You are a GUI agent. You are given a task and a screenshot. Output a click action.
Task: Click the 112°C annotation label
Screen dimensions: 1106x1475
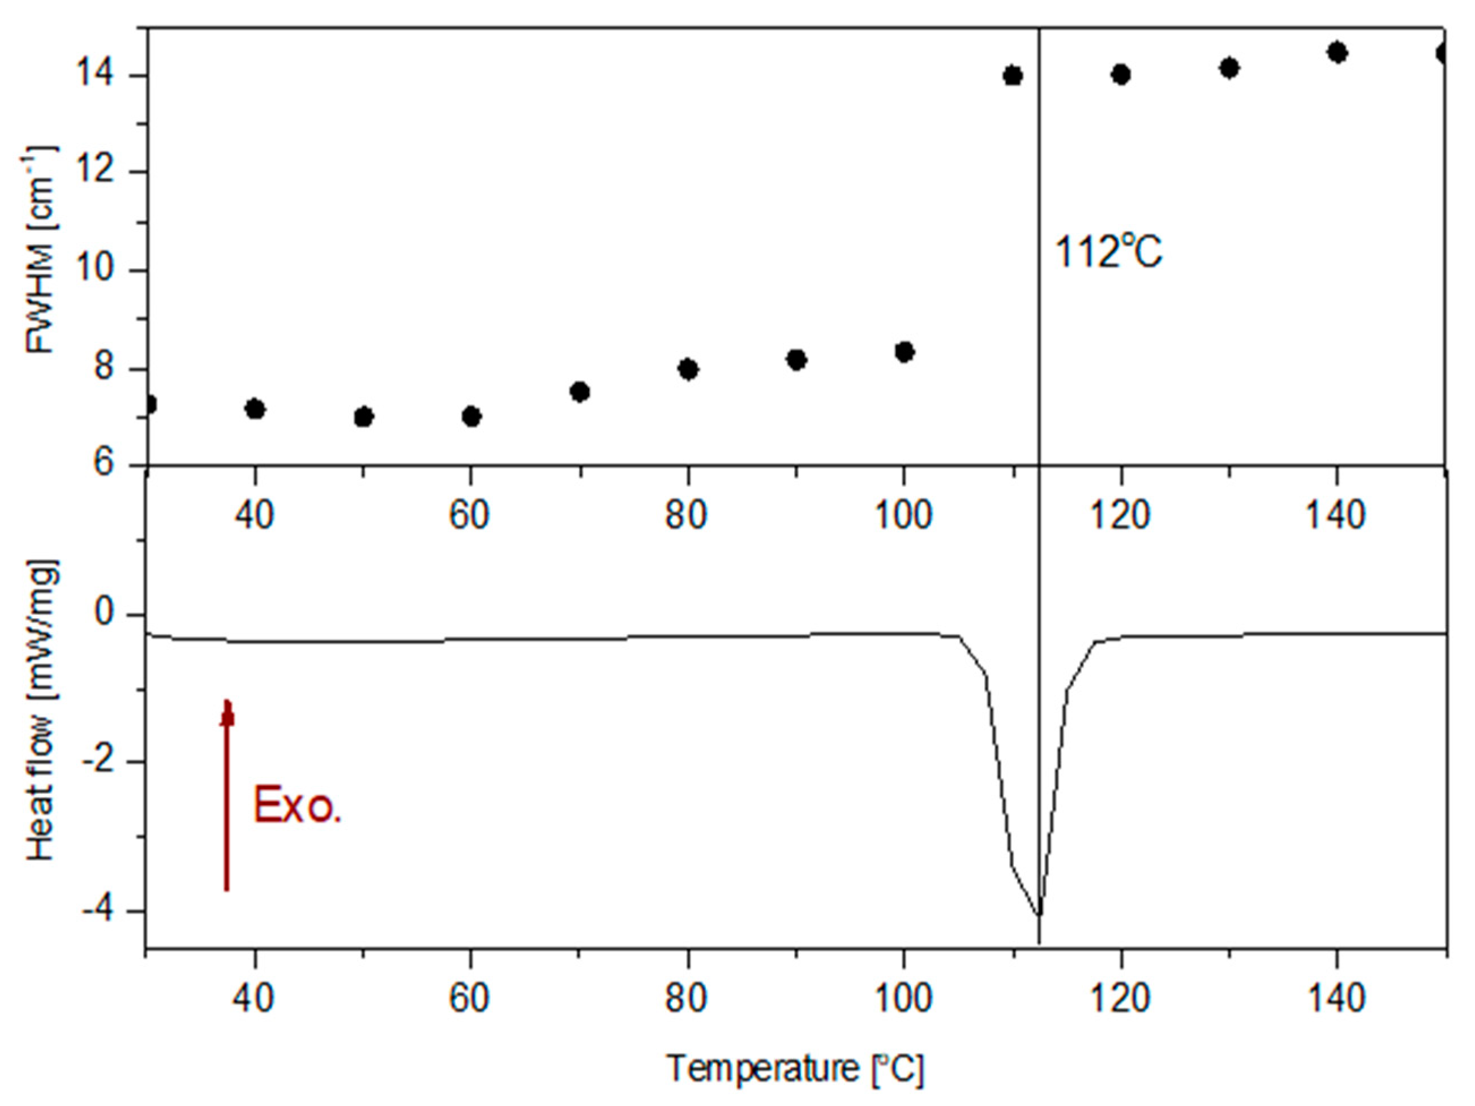click(1108, 253)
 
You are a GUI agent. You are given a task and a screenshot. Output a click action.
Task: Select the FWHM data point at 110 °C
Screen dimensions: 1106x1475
click(1012, 76)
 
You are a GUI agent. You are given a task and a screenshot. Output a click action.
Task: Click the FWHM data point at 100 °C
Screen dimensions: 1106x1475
click(904, 351)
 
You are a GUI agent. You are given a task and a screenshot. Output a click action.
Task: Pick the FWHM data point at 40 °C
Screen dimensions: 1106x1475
click(255, 408)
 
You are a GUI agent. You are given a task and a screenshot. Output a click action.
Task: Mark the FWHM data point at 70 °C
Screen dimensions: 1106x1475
click(580, 391)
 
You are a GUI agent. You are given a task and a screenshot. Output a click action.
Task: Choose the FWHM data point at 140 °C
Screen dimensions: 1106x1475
click(1337, 53)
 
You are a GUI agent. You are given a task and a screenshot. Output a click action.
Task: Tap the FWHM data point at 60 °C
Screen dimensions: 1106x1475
click(471, 417)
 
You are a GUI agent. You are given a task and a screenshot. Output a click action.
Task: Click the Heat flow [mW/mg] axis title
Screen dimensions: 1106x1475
click(41, 710)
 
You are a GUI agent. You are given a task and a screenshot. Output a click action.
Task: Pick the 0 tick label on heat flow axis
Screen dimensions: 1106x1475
click(105, 613)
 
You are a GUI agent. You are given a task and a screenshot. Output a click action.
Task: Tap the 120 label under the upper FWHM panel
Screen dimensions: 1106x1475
click(1120, 515)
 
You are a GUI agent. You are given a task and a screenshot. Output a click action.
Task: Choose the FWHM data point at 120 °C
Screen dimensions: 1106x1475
click(1121, 75)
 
